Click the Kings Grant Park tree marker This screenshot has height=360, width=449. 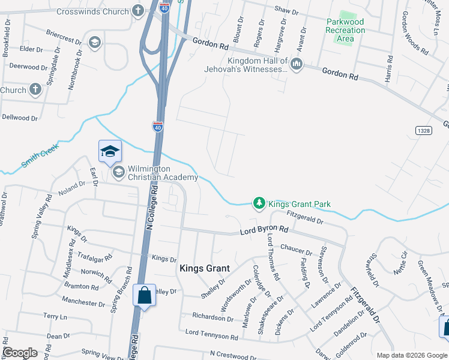click(x=259, y=204)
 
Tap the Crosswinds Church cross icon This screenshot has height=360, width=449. click(x=139, y=11)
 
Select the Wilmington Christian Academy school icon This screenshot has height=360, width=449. click(x=118, y=173)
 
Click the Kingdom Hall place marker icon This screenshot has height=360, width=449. click(x=297, y=64)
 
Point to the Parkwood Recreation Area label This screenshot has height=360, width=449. click(x=345, y=30)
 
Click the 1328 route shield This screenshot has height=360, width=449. click(x=423, y=130)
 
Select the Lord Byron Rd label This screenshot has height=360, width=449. click(x=264, y=230)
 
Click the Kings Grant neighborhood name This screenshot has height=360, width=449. click(x=202, y=269)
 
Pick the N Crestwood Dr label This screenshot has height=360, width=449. click(x=234, y=355)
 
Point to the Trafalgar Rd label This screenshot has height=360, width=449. click(x=95, y=257)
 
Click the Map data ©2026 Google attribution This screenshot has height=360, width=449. click(x=411, y=355)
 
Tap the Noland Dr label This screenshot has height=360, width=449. click(x=73, y=188)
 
